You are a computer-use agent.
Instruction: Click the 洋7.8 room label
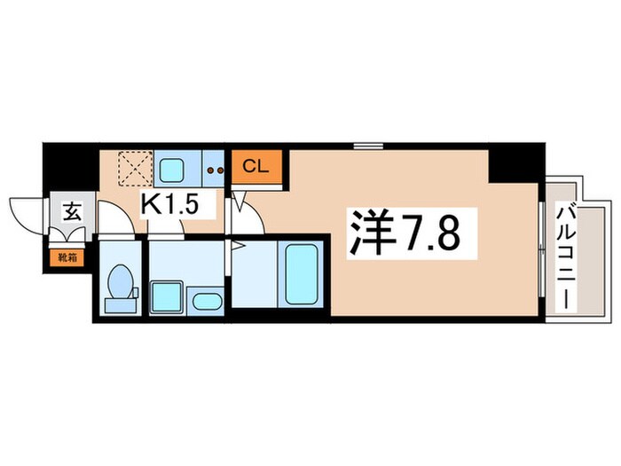click(x=406, y=233)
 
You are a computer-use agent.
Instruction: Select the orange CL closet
click(x=256, y=166)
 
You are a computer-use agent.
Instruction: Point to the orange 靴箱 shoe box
click(x=68, y=258)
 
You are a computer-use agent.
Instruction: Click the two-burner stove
click(x=214, y=167)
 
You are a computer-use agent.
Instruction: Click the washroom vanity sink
click(x=208, y=299)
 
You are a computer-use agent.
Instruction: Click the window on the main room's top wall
click(x=366, y=144)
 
